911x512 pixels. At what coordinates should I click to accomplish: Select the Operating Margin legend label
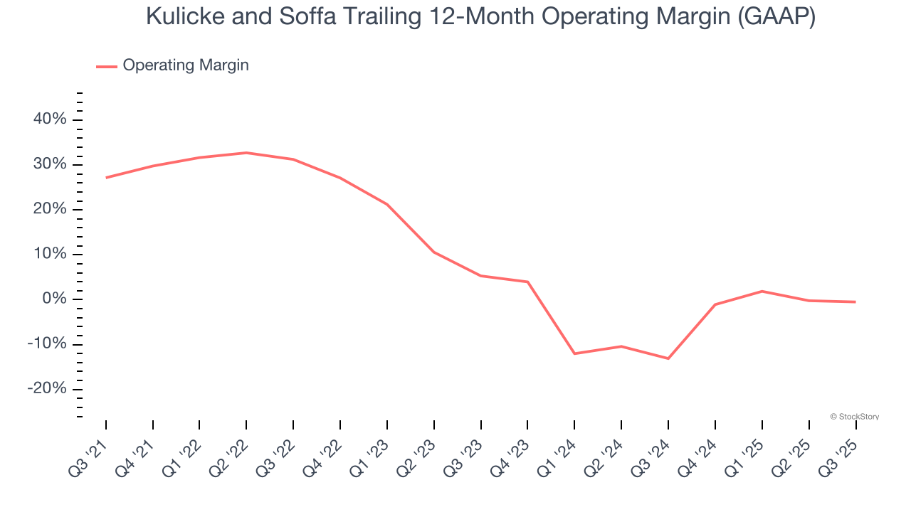[186, 65]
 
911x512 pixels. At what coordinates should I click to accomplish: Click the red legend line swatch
[107, 66]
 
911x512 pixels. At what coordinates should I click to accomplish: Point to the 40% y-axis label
[50, 119]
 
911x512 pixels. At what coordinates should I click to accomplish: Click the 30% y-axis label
[50, 164]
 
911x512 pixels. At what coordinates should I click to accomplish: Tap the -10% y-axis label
[47, 344]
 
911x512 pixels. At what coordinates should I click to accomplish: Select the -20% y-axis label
[47, 389]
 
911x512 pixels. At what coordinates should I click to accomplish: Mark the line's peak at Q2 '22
[246, 153]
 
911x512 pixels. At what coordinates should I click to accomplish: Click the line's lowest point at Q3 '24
[668, 358]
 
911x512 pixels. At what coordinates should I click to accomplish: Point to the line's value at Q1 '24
[574, 353]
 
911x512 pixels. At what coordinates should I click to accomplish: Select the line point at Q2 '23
[434, 252]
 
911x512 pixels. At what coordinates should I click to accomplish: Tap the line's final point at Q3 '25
[855, 302]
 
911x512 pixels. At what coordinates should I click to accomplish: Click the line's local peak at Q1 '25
[762, 291]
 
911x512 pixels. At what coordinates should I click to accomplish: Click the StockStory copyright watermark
[855, 417]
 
